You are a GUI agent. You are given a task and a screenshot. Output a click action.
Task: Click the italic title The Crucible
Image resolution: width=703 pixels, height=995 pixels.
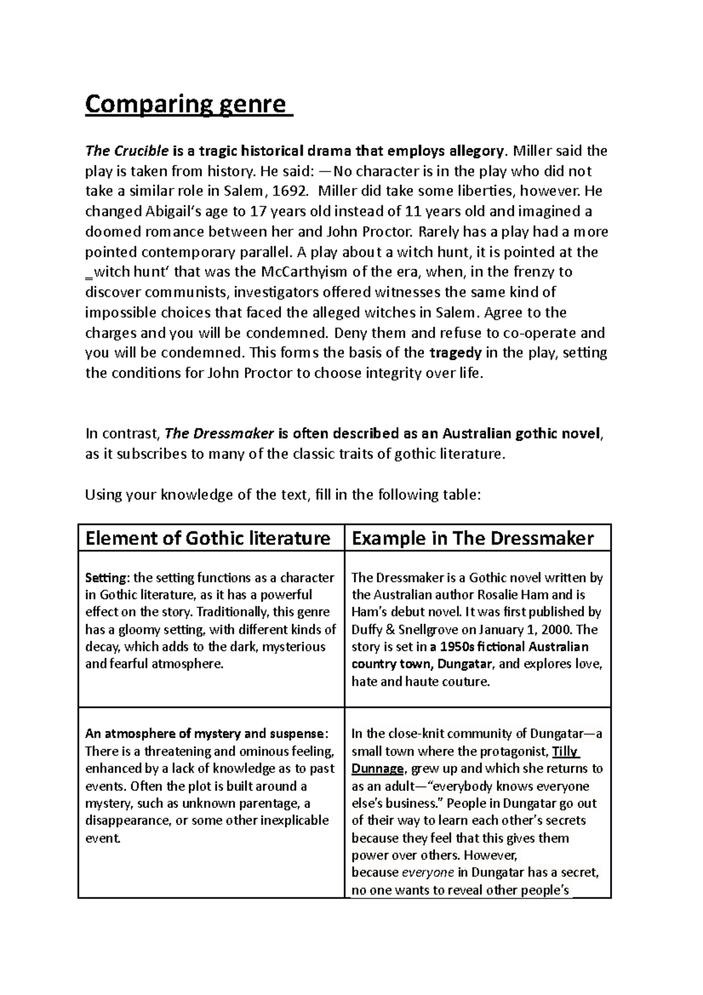click(x=127, y=151)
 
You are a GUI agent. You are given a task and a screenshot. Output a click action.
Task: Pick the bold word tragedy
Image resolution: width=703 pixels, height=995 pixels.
click(x=456, y=353)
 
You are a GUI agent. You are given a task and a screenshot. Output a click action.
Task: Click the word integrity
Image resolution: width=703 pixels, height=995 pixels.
click(x=394, y=373)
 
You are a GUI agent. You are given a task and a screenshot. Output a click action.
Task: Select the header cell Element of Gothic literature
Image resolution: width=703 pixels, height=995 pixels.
click(x=208, y=538)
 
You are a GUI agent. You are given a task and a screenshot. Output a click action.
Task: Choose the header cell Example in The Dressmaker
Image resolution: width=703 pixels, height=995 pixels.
click(x=473, y=538)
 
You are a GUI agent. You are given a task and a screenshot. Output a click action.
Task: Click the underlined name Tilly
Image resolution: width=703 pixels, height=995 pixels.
click(x=565, y=751)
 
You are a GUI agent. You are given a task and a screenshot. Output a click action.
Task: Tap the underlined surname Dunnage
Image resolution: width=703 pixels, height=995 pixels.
click(x=378, y=769)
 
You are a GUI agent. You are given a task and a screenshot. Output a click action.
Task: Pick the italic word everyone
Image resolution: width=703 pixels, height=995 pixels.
click(x=428, y=873)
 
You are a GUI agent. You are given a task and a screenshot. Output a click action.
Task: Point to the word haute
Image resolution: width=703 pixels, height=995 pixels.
click(x=388, y=681)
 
